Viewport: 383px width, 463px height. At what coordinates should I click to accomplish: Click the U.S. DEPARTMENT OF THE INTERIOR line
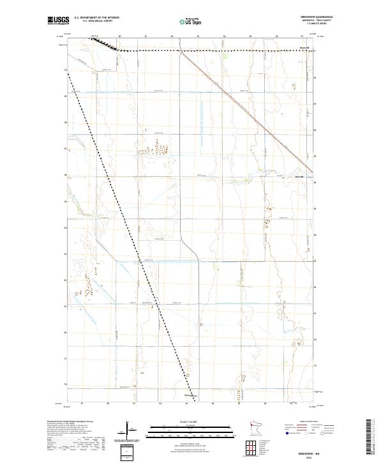click(x=97, y=17)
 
